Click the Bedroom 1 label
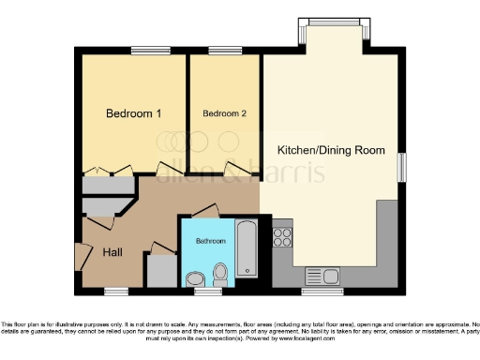[x=133, y=113]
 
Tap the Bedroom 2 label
[x=225, y=113]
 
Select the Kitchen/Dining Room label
[x=331, y=150]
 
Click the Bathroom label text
[x=210, y=241]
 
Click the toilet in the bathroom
[x=221, y=275]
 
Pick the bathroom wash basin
[x=196, y=278]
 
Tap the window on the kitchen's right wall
[x=404, y=166]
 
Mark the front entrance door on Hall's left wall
[x=79, y=254]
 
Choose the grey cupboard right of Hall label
[x=161, y=269]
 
